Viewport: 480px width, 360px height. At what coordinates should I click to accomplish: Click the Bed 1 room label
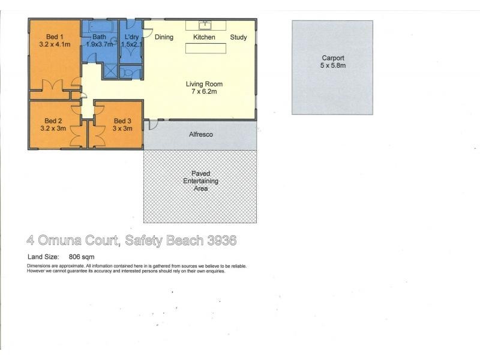pos(55,40)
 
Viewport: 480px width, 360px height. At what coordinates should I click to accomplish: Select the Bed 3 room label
pos(122,125)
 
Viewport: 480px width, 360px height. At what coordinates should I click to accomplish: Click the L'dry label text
pos(131,37)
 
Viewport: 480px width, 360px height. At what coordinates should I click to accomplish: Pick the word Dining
pos(164,37)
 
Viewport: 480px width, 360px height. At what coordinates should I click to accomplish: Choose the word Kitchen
pos(204,37)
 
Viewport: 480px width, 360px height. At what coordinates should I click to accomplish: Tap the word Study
pos(238,37)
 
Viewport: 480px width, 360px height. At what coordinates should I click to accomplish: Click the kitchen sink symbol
pos(205,25)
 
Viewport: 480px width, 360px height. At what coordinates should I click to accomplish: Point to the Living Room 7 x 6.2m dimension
pos(201,92)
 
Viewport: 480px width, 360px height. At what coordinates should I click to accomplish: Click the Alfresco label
pos(201,134)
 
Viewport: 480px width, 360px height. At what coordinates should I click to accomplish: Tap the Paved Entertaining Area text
pos(201,181)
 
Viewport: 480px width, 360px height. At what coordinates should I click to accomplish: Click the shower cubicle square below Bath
pos(110,71)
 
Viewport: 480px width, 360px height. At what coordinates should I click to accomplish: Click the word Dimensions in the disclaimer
pos(39,266)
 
